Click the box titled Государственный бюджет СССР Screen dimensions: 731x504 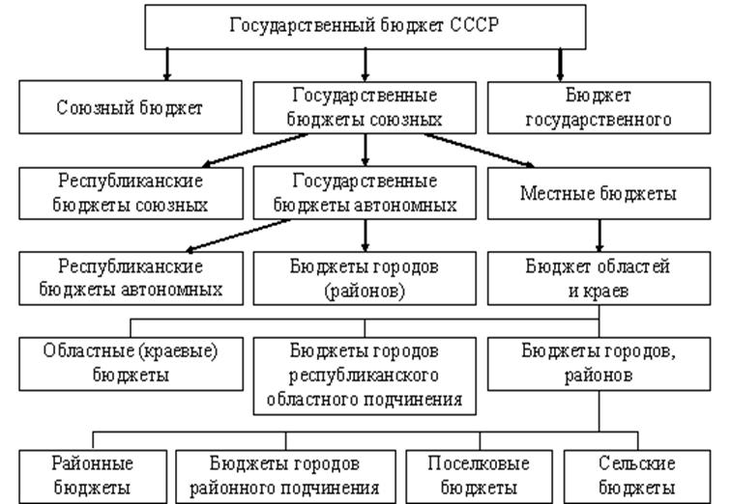point(365,26)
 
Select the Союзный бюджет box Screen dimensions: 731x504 point(131,107)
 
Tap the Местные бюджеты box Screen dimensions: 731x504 point(599,193)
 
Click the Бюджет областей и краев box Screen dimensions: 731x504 point(599,278)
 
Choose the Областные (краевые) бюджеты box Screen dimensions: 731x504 point(131,364)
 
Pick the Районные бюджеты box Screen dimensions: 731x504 point(93,477)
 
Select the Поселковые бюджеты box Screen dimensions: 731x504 point(479,477)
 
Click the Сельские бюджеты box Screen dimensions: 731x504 point(637,477)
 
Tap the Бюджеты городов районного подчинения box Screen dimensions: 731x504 point(285,477)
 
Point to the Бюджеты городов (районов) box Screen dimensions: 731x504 point(365,278)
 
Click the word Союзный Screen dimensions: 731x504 point(90,107)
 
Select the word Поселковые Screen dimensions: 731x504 point(479,463)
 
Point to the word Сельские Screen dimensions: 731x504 point(637,463)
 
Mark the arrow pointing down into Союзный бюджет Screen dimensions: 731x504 point(167,65)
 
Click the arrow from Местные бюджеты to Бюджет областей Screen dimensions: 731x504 point(599,236)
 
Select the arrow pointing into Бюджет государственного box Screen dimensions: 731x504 point(560,65)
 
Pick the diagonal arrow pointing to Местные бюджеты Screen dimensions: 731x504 point(480,151)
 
